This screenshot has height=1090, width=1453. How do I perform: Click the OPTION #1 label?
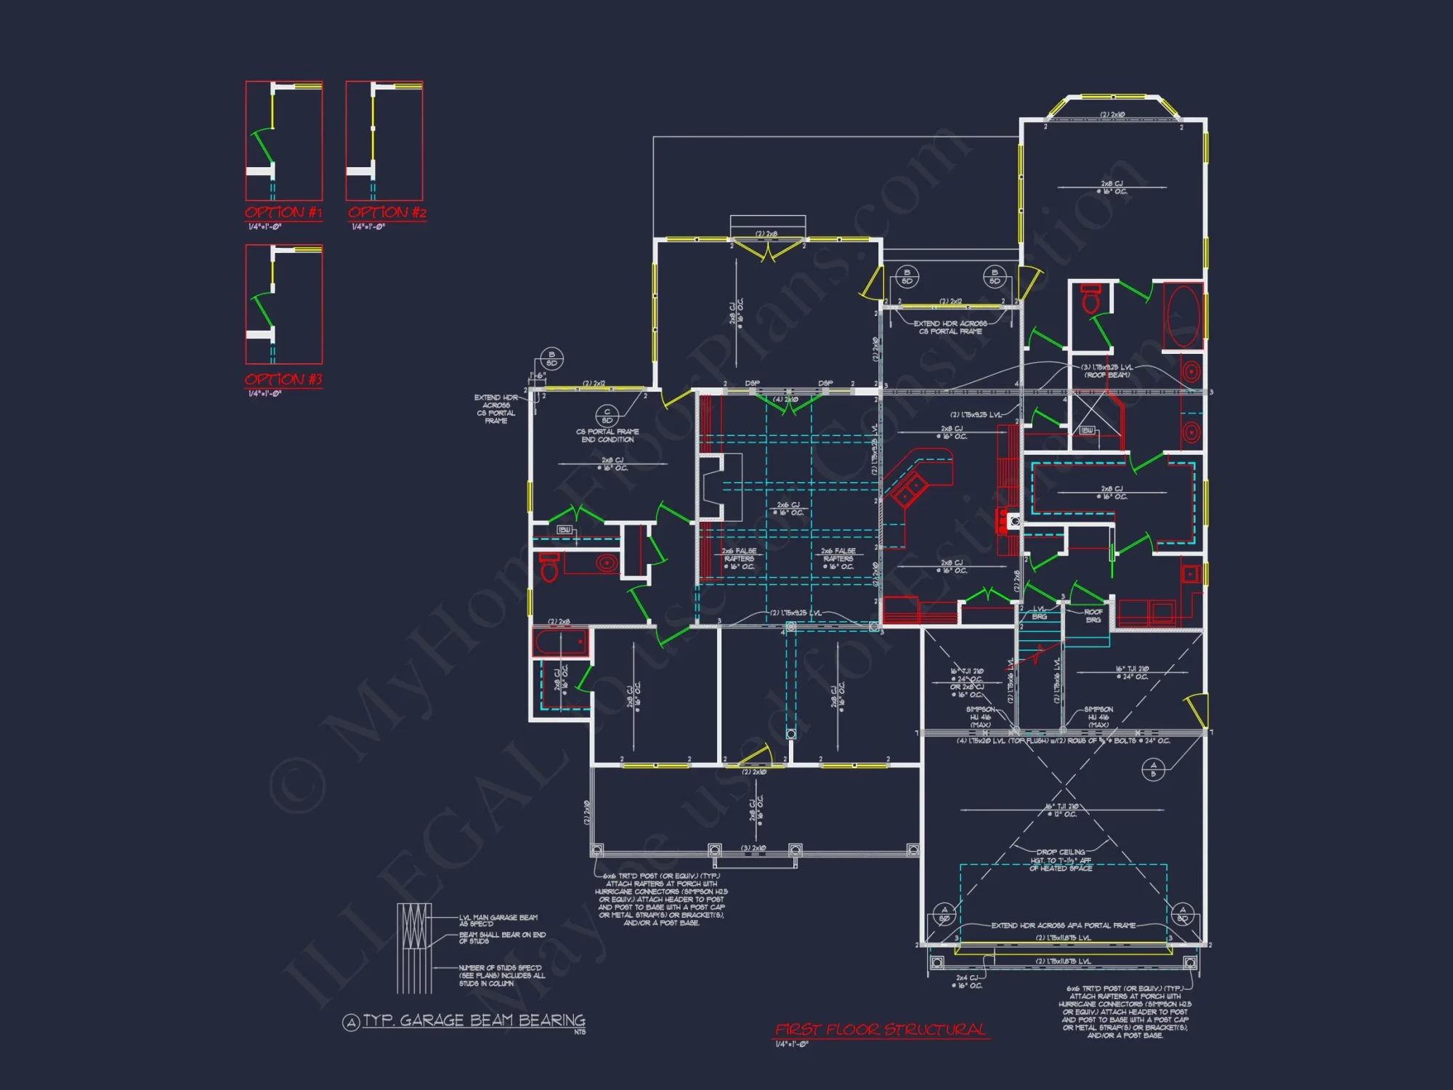click(x=283, y=213)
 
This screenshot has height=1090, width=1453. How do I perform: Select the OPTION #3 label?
click(x=283, y=379)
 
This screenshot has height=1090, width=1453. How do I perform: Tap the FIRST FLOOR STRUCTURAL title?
click(x=881, y=1030)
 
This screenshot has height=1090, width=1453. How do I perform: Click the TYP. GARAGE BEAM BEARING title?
click(x=473, y=1021)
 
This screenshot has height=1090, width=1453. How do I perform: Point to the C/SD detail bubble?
click(x=607, y=416)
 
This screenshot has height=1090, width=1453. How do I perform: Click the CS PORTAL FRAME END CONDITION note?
click(x=607, y=435)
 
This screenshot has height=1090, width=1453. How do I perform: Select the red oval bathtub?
click(x=1183, y=317)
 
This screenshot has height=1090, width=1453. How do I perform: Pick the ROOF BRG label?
click(x=1093, y=615)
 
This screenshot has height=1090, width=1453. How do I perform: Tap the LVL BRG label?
click(x=1040, y=613)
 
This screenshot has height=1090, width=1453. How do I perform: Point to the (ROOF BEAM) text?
click(x=1106, y=375)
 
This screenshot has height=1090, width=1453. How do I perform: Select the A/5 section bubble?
click(x=1153, y=769)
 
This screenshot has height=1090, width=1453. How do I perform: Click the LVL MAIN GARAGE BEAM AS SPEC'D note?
click(x=498, y=920)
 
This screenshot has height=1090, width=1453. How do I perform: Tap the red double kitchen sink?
click(x=910, y=490)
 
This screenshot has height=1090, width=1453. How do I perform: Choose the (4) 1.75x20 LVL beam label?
click(x=981, y=741)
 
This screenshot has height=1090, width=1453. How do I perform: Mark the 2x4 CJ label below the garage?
click(x=967, y=982)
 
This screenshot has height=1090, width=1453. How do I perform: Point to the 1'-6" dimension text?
click(x=538, y=376)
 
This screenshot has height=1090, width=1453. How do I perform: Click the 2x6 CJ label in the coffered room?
click(x=788, y=509)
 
